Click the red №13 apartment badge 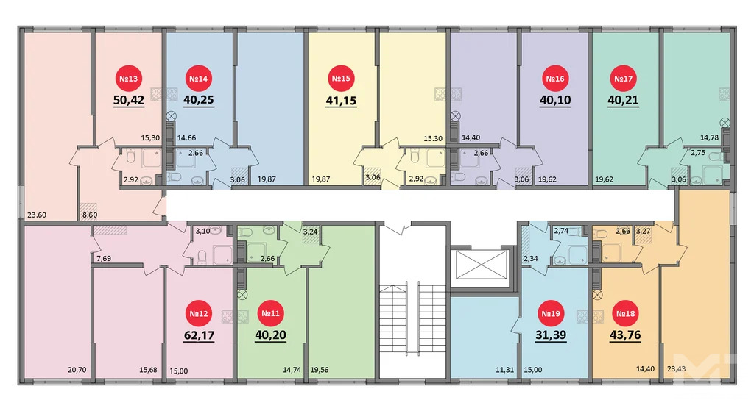tap(128, 79)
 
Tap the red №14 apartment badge tap(199, 79)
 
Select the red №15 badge tap(341, 79)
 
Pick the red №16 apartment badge tap(554, 79)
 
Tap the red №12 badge tap(199, 315)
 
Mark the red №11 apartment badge tap(269, 315)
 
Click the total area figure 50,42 tap(128, 101)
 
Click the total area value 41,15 tap(341, 101)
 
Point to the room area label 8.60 tap(89, 215)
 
